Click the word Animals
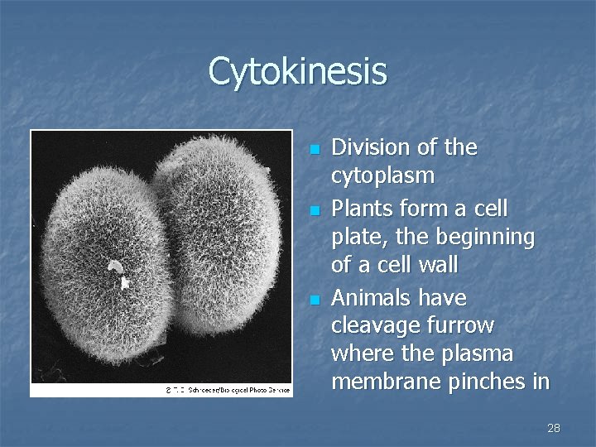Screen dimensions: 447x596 (x=370, y=297)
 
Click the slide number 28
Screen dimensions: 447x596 (x=554, y=428)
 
